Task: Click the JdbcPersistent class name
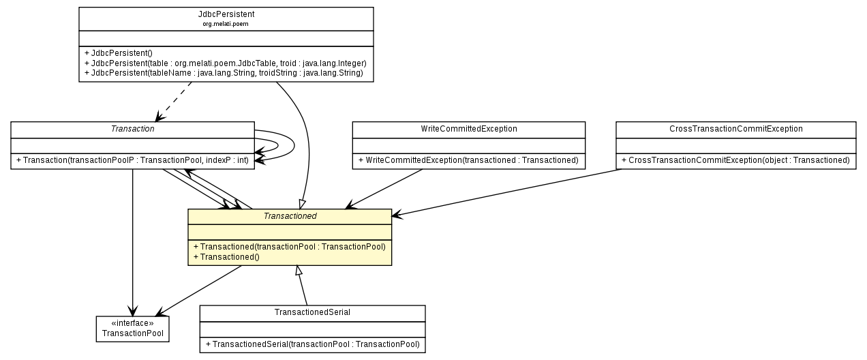pos(226,14)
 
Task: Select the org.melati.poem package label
pos(226,24)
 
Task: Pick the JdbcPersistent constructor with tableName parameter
pos(224,72)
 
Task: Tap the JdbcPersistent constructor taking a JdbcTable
pos(226,63)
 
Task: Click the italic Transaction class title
pos(132,128)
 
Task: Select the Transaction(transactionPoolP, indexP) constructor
pos(132,160)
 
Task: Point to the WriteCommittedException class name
pos(468,128)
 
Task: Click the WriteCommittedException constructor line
pos(468,160)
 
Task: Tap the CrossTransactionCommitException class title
pos(735,128)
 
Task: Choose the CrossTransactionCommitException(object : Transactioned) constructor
pos(735,160)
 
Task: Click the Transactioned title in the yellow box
pos(289,216)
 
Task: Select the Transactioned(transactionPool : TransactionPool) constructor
pos(289,246)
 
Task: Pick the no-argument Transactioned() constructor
pos(227,257)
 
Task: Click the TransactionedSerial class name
pos(312,312)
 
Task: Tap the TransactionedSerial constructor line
pos(312,344)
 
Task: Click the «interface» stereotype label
pos(132,323)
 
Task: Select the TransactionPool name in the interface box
pos(132,333)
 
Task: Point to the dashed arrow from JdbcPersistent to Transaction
pos(174,102)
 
